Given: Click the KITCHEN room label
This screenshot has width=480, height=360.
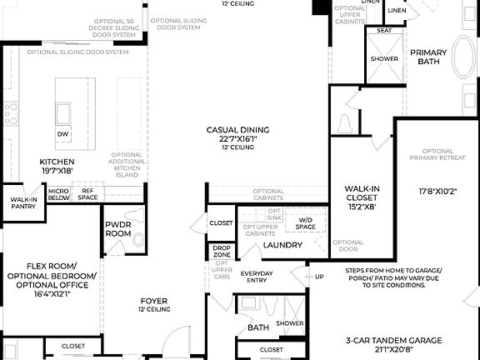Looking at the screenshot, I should click(x=57, y=162).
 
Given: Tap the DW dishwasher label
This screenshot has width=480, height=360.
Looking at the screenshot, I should click(x=62, y=133).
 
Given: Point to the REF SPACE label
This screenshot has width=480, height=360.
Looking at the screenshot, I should click(x=87, y=194).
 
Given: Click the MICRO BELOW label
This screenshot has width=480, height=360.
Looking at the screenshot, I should click(x=58, y=195).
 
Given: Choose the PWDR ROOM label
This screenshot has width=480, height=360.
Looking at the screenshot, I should click(x=118, y=230).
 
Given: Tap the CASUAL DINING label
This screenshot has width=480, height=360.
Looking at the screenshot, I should click(x=239, y=130).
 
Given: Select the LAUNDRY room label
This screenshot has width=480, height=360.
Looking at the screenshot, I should click(x=282, y=245).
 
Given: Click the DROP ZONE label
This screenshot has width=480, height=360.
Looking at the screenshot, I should click(x=221, y=251).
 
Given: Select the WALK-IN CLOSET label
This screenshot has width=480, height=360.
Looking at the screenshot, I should click(x=362, y=194).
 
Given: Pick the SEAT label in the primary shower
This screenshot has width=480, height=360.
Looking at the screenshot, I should click(x=384, y=31).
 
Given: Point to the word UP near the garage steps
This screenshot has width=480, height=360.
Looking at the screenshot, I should click(x=318, y=276).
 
